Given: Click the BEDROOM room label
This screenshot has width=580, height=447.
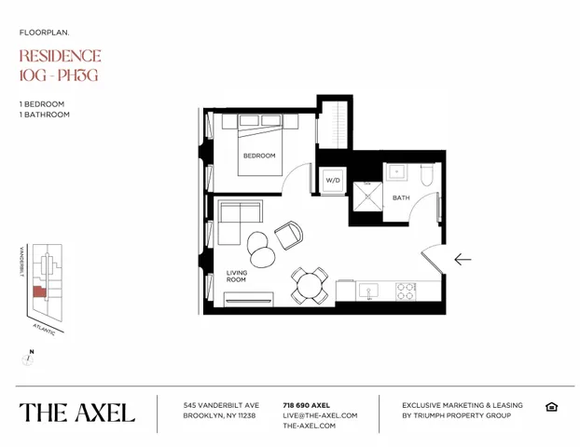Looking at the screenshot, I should click(x=259, y=156).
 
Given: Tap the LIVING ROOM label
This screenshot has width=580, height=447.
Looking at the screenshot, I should click(x=236, y=276).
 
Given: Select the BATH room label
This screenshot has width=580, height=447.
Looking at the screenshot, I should click(x=400, y=197).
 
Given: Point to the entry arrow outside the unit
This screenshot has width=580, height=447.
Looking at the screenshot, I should click(x=462, y=259).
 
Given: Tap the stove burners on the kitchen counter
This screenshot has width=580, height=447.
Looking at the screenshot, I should click(x=406, y=291).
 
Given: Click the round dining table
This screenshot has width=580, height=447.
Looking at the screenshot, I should click(x=309, y=284).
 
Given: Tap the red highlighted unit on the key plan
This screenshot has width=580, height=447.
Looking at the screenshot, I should click(x=39, y=291).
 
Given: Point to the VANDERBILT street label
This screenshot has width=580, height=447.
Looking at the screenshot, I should click(x=21, y=264).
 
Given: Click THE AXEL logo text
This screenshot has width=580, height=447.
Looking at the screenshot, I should click(x=76, y=412).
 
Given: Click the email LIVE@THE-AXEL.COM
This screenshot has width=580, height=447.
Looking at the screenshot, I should click(x=320, y=415).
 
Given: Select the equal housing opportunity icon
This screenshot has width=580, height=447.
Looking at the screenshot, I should click(x=551, y=407).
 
